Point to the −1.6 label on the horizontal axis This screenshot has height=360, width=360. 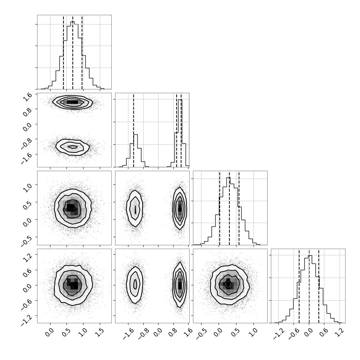tap(128, 334)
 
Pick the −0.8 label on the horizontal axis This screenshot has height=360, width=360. tap(143, 334)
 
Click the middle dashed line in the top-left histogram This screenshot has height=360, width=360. tap(73, 52)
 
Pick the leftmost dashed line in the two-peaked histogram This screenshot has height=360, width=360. tap(134, 130)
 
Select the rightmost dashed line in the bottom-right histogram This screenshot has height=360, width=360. tap(319, 286)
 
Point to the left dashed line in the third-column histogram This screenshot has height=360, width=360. tap(220, 208)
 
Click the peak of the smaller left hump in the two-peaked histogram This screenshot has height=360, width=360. tap(135, 135)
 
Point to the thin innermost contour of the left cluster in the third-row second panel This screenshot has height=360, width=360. tap(135, 209)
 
